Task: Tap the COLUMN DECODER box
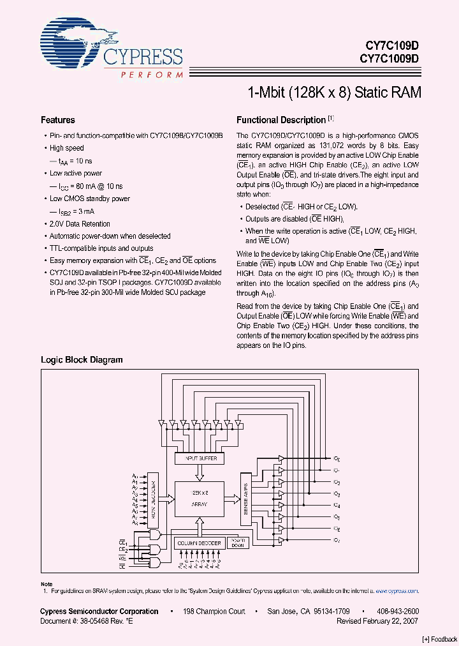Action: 199,543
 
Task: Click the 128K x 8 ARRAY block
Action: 199,499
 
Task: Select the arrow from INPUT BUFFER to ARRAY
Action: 199,472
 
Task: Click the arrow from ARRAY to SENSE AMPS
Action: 232,499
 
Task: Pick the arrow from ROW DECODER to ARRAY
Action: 166,499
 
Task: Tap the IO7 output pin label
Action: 337,541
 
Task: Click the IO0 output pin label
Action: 337,459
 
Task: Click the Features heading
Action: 58,120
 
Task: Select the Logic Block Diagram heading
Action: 82,359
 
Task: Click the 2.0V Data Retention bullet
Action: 79,224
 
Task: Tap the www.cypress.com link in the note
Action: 397,591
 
